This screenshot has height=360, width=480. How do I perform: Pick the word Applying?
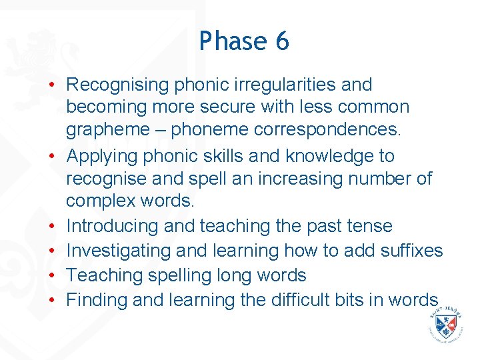coord(107,156)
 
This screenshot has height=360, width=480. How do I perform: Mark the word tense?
coord(369,227)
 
